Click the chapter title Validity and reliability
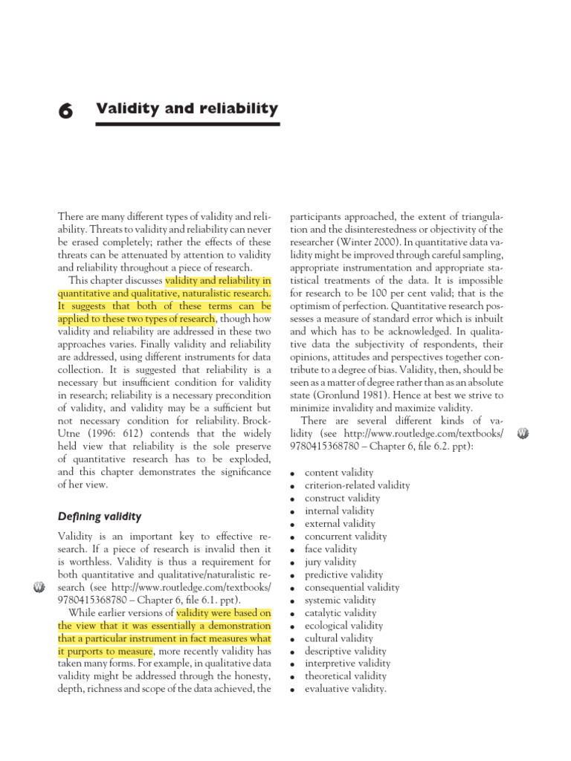coord(187,109)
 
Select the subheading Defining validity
coord(99,516)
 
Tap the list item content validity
coord(339,473)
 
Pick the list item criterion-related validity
coord(357,485)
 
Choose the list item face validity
coord(330,549)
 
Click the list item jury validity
coord(330,562)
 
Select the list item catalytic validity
coord(341,613)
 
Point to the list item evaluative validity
coord(346,689)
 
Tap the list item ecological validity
coord(343,626)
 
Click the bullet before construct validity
coord(294,499)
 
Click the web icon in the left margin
coord(40,588)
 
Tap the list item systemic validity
coord(341,600)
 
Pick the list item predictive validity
coord(344,574)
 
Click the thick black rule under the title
coord(188,124)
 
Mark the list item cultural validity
coord(339,638)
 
